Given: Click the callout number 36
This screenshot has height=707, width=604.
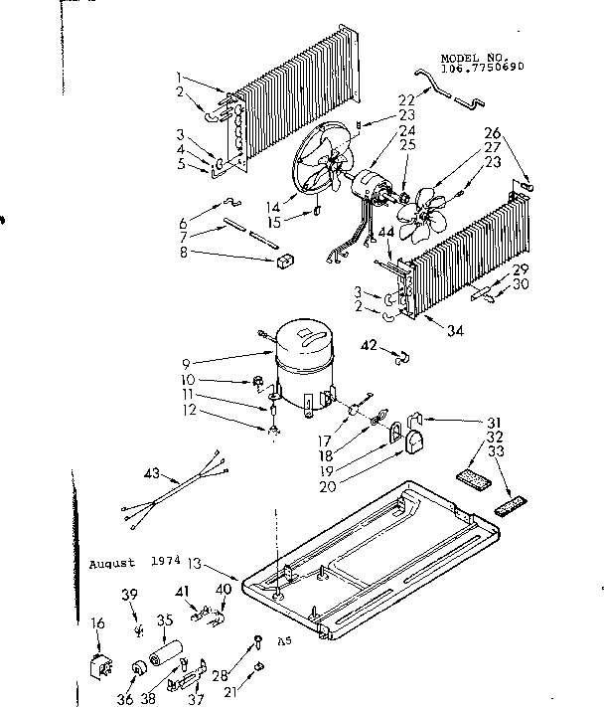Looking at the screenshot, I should coord(124,699).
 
